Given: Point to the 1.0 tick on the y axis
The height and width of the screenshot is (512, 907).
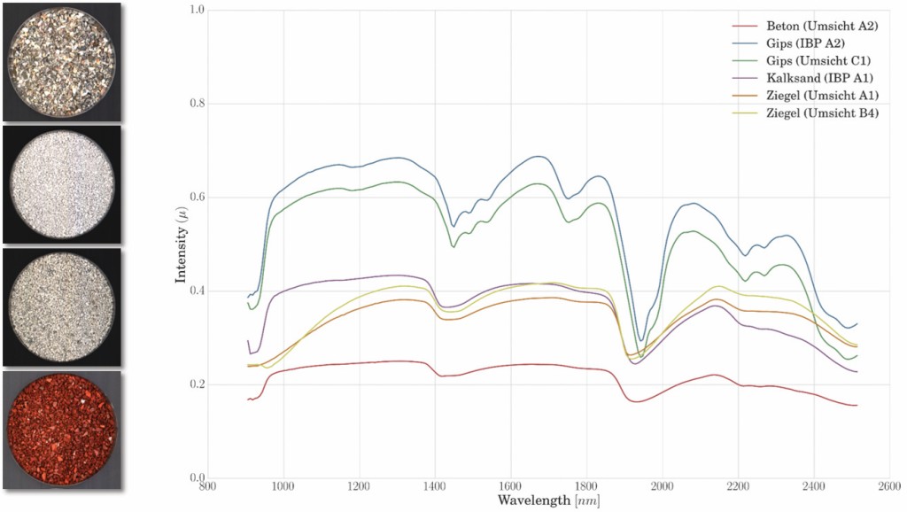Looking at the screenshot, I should coord(196,10).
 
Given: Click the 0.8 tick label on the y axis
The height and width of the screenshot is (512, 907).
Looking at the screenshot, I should coord(196,104).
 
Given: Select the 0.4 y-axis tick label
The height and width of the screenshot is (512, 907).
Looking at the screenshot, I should coord(196,291).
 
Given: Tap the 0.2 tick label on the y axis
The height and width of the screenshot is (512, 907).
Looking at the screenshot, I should coord(196,384).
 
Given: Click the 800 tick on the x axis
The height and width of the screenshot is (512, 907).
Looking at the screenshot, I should coord(207,487).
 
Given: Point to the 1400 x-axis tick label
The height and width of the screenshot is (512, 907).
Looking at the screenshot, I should coord(435,487).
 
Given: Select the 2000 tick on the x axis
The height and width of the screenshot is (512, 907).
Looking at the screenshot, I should coord(663,487).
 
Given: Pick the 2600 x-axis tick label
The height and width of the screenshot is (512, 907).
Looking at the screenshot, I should coord(890,487).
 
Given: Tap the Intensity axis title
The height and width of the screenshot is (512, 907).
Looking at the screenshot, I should coord(181,244).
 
